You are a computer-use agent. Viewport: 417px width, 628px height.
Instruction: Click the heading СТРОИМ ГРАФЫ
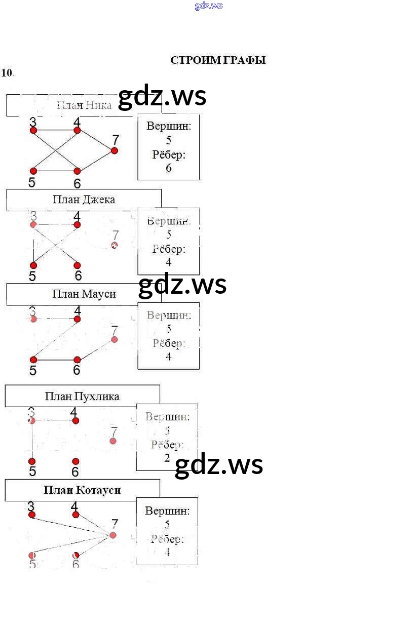(x=218, y=60)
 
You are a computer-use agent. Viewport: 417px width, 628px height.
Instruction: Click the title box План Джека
(x=84, y=200)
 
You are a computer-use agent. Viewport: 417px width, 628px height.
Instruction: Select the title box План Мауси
(x=84, y=294)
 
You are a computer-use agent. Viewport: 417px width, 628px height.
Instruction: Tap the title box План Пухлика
(x=82, y=396)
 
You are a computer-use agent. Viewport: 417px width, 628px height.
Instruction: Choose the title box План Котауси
(x=82, y=490)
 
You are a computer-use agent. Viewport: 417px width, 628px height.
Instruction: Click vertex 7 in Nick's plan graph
(x=115, y=150)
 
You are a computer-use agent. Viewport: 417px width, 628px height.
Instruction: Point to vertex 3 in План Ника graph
(x=33, y=130)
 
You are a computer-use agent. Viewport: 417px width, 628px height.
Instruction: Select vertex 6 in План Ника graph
(x=78, y=171)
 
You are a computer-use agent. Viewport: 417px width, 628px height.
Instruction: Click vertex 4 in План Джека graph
(x=77, y=224)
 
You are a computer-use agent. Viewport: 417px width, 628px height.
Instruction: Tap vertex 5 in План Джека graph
(x=33, y=265)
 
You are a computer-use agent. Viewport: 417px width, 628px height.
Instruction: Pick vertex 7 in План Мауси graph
(x=115, y=339)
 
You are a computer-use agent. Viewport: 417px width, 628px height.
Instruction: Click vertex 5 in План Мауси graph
(x=33, y=360)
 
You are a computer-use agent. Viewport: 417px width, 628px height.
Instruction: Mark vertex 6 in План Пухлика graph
(x=75, y=461)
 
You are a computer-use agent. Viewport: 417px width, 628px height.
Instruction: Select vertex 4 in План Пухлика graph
(x=75, y=420)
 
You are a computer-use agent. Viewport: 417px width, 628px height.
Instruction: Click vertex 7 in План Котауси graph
(x=113, y=535)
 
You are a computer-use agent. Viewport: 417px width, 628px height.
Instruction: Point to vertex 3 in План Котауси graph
(x=32, y=515)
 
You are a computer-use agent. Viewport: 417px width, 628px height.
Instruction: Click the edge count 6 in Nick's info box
(x=169, y=168)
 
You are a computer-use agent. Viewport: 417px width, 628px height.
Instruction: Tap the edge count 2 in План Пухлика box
(x=167, y=458)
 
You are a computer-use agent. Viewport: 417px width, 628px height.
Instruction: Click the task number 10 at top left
(x=7, y=72)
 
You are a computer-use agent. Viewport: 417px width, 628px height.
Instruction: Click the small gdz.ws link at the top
(x=208, y=6)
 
